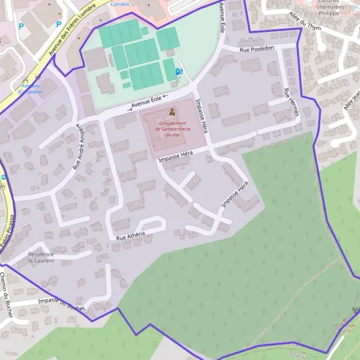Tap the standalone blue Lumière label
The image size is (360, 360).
(x=120, y=4)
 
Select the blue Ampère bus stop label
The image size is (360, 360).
(x=29, y=89)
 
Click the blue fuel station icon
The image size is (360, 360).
(x=178, y=72)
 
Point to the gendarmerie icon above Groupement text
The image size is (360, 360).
(x=172, y=112)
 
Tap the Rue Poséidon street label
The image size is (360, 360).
(x=257, y=49)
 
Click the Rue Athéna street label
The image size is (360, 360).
(x=131, y=236)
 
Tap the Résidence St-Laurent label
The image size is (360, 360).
(x=41, y=257)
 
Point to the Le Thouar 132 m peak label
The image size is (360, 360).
(x=345, y=327)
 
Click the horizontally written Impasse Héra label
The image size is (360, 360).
(x=176, y=157)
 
